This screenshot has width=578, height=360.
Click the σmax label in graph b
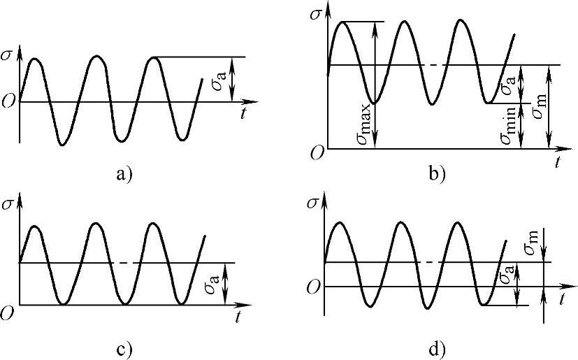click(363, 127)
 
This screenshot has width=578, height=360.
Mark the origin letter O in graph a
click(8, 101)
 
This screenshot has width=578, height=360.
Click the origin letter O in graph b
click(317, 153)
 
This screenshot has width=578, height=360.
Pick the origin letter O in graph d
click(315, 287)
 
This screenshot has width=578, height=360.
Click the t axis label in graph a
click(242, 114)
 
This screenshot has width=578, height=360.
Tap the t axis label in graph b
click(558, 163)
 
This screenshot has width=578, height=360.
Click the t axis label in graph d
click(562, 299)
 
